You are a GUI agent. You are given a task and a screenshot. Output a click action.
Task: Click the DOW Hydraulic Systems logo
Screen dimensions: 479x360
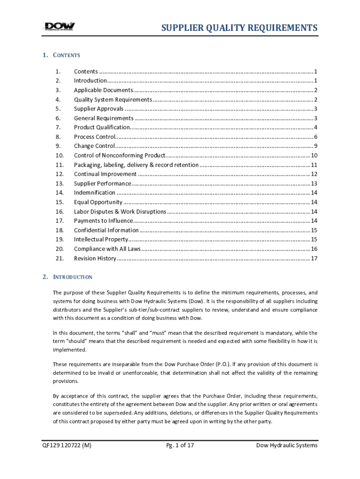pyautogui.click(x=59, y=28)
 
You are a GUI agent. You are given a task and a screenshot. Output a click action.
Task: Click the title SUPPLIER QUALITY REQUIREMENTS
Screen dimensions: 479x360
pyautogui.click(x=239, y=28)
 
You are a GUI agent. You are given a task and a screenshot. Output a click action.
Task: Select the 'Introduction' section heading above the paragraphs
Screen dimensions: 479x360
pyautogui.click(x=72, y=277)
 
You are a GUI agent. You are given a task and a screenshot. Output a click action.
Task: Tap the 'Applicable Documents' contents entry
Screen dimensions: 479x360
pyautogui.click(x=103, y=90)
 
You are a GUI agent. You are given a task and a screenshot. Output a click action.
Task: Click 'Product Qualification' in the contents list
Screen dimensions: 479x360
pyautogui.click(x=101, y=127)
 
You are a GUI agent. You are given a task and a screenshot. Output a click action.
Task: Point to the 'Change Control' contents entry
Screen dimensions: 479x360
pyautogui.click(x=94, y=146)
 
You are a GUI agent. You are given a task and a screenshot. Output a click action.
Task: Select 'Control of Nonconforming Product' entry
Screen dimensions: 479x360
pyautogui.click(x=119, y=155)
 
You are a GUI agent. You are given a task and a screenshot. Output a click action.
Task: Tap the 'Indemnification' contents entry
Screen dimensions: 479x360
pyautogui.click(x=94, y=193)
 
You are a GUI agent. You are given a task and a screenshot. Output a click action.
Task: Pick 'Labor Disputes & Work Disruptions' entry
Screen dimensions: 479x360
pyautogui.click(x=120, y=211)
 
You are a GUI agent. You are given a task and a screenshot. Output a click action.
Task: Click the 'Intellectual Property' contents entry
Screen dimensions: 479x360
pyautogui.click(x=101, y=239)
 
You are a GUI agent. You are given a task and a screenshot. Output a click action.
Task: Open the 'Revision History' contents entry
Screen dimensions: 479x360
pyautogui.click(x=95, y=258)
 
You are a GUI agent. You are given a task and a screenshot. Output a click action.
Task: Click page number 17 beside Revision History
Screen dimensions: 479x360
pyautogui.click(x=314, y=258)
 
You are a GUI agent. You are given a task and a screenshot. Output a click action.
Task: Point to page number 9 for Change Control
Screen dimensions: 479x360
pyautogui.click(x=316, y=146)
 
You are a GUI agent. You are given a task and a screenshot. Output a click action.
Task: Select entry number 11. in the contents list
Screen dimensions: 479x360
pyautogui.click(x=59, y=165)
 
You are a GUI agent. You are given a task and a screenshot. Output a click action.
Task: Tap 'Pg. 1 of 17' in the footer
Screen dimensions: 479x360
pyautogui.click(x=180, y=445)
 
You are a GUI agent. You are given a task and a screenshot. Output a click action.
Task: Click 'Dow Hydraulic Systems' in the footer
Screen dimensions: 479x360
pyautogui.click(x=287, y=445)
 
